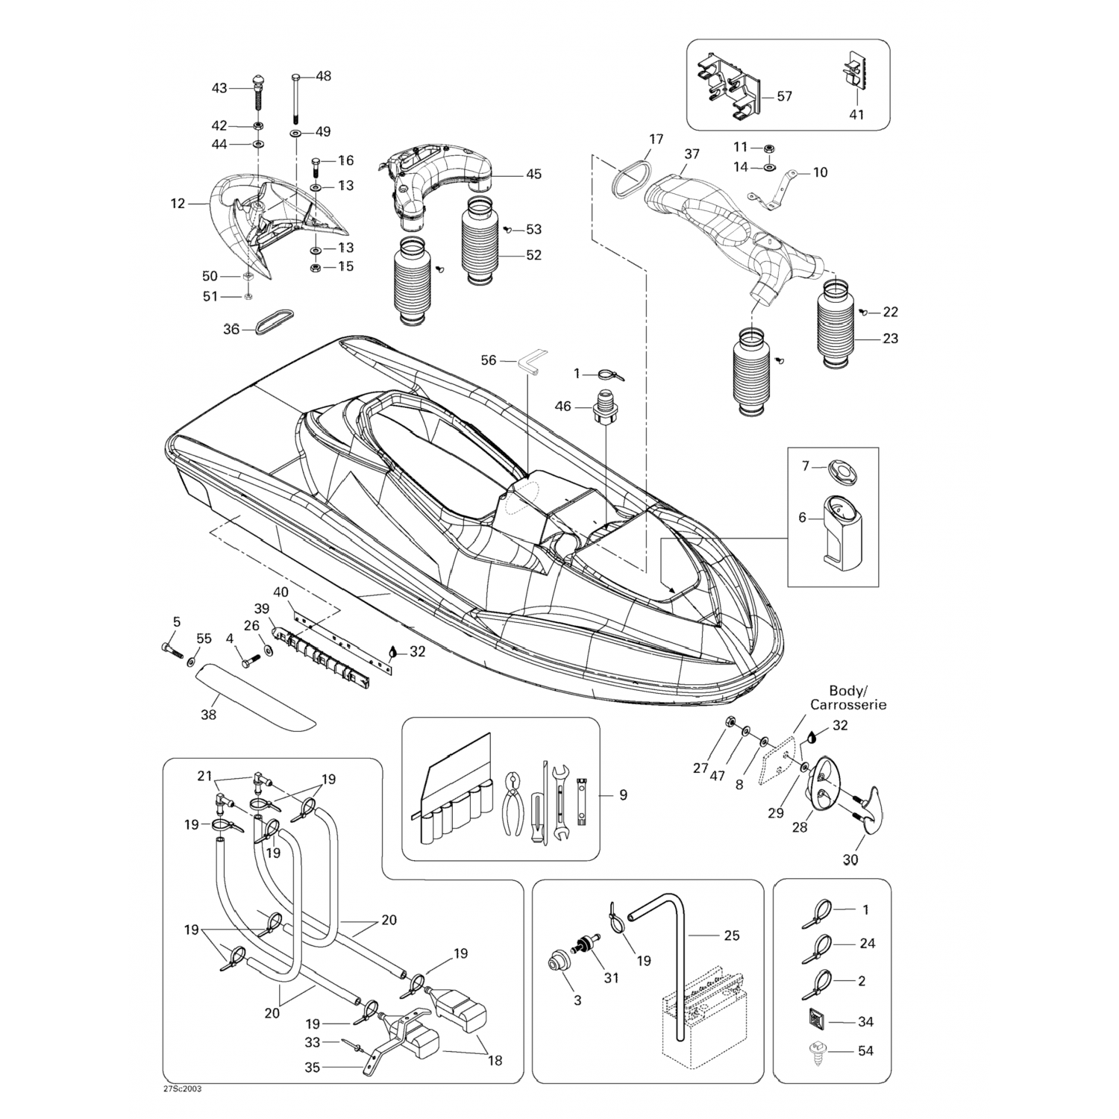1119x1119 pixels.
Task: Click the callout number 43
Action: [219, 88]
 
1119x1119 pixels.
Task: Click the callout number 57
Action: [784, 96]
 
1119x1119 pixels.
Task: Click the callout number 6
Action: [803, 517]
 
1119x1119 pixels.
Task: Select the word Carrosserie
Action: [848, 705]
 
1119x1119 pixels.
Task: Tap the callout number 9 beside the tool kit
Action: [623, 795]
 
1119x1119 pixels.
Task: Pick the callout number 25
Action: [732, 935]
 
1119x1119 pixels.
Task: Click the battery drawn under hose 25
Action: [701, 1022]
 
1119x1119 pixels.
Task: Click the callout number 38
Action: [208, 715]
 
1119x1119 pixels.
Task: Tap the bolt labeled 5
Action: [171, 650]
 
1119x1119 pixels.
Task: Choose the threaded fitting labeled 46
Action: [604, 411]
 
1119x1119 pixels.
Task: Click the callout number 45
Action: [533, 175]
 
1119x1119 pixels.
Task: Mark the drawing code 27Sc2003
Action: [182, 1088]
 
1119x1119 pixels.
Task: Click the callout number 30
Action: [850, 859]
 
